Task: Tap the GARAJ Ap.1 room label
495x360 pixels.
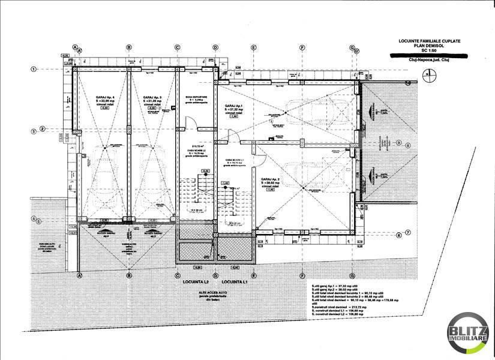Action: pos(234,106)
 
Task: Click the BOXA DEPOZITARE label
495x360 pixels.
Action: pos(196,97)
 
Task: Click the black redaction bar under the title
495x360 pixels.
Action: pos(428,55)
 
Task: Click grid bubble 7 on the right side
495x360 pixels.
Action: pos(407,233)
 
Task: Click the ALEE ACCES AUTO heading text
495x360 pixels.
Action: pos(203,291)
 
